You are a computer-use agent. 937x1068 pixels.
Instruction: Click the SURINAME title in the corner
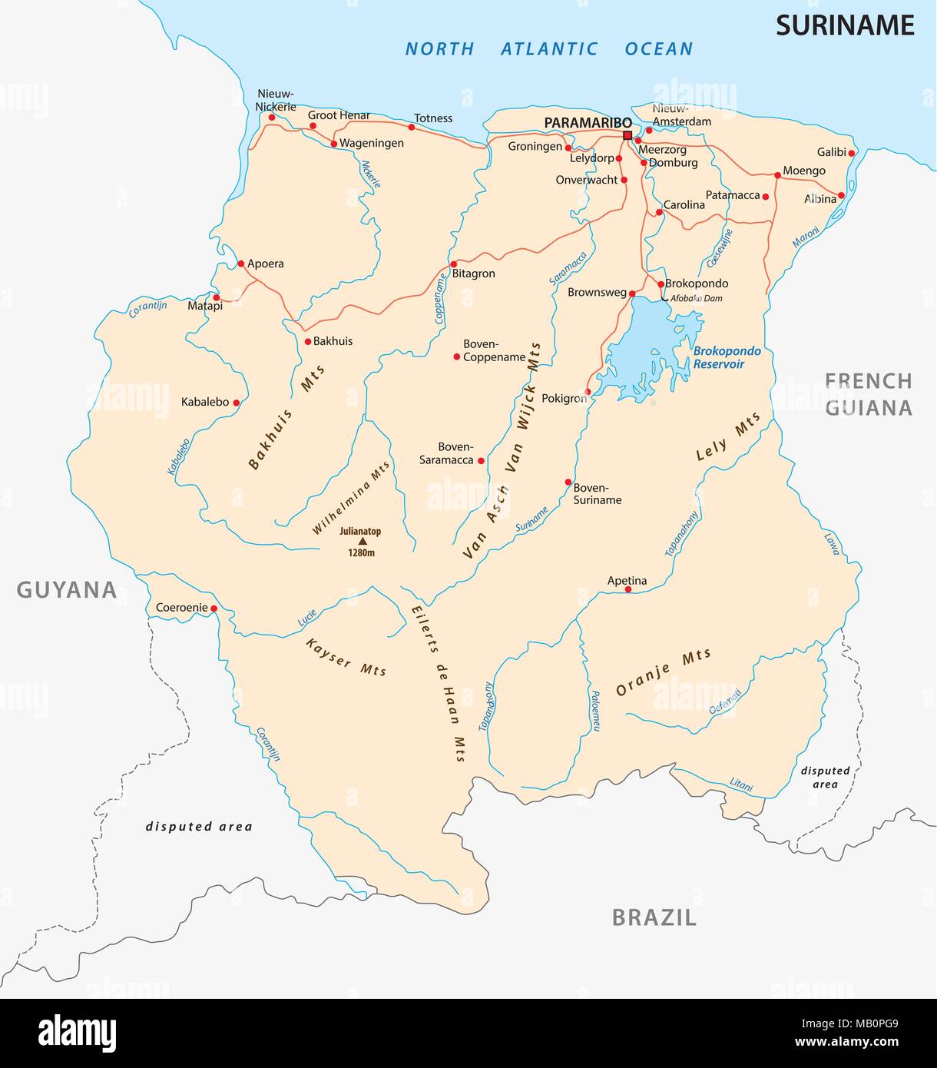844,25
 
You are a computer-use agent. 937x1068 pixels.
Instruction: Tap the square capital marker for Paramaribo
627,135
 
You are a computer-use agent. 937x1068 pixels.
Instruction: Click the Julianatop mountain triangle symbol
363,541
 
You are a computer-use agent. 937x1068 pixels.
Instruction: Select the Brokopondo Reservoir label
727,357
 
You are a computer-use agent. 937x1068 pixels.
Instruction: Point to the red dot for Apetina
628,589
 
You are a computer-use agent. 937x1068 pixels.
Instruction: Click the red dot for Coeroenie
214,609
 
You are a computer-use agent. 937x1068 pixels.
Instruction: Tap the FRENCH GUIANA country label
869,393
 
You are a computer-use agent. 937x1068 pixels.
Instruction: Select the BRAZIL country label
654,917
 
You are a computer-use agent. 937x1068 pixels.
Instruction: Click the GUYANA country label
67,589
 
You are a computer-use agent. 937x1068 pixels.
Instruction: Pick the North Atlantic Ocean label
548,49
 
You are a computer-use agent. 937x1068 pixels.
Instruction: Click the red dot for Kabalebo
236,402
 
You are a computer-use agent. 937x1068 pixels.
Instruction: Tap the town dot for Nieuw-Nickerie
271,118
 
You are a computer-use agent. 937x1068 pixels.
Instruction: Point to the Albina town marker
841,195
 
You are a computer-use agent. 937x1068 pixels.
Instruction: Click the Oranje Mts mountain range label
664,672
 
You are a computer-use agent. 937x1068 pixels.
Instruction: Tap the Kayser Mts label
346,656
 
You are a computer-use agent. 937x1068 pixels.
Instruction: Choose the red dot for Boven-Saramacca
481,461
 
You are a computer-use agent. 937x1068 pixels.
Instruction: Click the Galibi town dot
852,153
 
